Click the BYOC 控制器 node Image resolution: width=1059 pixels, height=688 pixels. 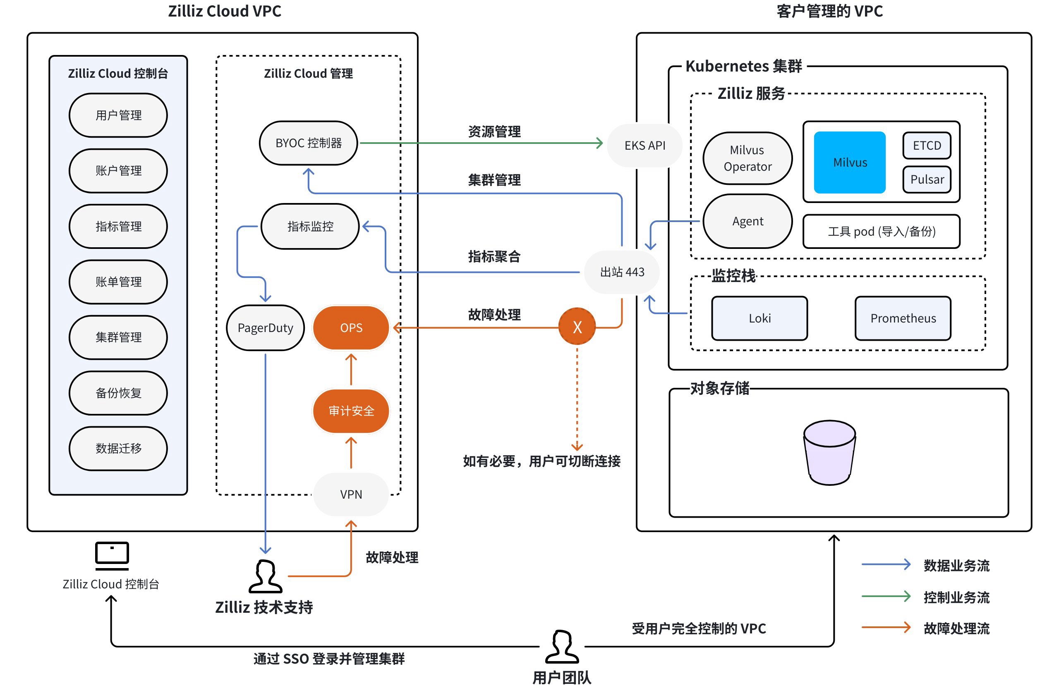[x=308, y=143]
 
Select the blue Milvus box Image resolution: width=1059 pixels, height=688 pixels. [x=849, y=162]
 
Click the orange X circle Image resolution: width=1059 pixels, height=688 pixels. [x=577, y=327]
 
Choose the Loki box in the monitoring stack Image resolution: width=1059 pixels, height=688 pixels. [x=759, y=318]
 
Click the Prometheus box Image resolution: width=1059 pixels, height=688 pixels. [x=902, y=318]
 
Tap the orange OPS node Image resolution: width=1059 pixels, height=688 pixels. [x=351, y=328]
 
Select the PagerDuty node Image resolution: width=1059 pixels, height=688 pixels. [x=265, y=328]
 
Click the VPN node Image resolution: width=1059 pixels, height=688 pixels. [x=351, y=494]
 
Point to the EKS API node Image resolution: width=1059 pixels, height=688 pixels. [x=645, y=146]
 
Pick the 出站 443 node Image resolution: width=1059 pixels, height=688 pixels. [x=622, y=272]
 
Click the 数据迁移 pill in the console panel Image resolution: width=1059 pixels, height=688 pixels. [x=118, y=448]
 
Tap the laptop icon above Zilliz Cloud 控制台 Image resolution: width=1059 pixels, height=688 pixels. [x=112, y=555]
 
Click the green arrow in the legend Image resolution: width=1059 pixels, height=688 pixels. [x=886, y=596]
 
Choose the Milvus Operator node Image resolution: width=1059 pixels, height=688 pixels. [x=747, y=158]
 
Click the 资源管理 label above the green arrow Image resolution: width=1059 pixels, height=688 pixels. [x=494, y=131]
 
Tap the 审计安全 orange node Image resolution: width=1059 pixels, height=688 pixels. [x=351, y=411]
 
